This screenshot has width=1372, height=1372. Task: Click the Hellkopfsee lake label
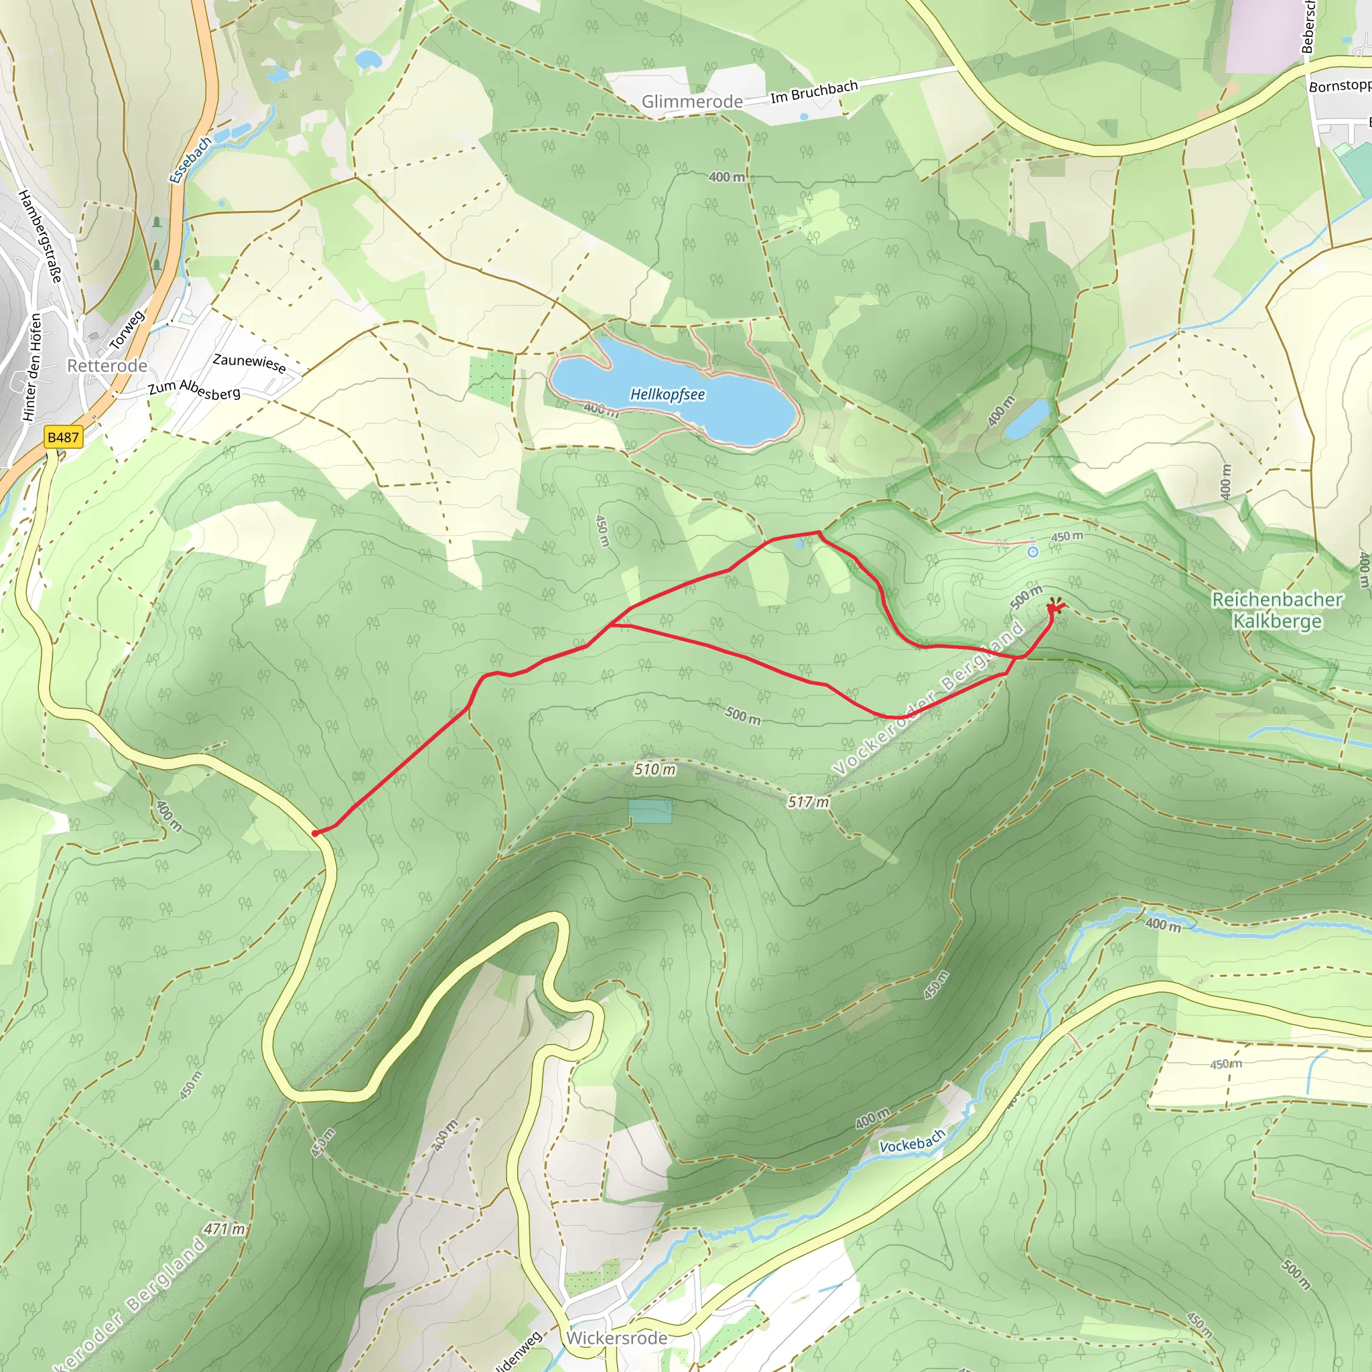(667, 394)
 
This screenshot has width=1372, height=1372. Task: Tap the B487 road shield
(63, 437)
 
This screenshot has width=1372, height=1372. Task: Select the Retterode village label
(107, 366)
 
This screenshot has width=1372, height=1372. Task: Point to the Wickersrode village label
(616, 1338)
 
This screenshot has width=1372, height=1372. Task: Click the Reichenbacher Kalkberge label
(1277, 610)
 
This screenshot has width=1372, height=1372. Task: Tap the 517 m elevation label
(808, 803)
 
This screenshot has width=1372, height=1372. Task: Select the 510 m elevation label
(655, 769)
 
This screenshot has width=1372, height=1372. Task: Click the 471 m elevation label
(224, 1229)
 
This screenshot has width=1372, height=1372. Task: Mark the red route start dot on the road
(315, 833)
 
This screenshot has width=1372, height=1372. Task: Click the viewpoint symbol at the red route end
(1055, 606)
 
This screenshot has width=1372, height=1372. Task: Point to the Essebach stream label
(190, 160)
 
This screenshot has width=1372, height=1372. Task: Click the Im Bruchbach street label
(814, 92)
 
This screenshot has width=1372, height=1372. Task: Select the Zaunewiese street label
(249, 363)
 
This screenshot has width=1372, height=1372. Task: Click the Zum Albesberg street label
(194, 389)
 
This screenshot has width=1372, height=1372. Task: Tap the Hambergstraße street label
(40, 236)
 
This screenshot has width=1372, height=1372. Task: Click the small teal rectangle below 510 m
(650, 811)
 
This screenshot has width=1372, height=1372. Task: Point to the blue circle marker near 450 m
(1032, 551)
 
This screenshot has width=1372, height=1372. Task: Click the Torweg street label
(127, 330)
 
